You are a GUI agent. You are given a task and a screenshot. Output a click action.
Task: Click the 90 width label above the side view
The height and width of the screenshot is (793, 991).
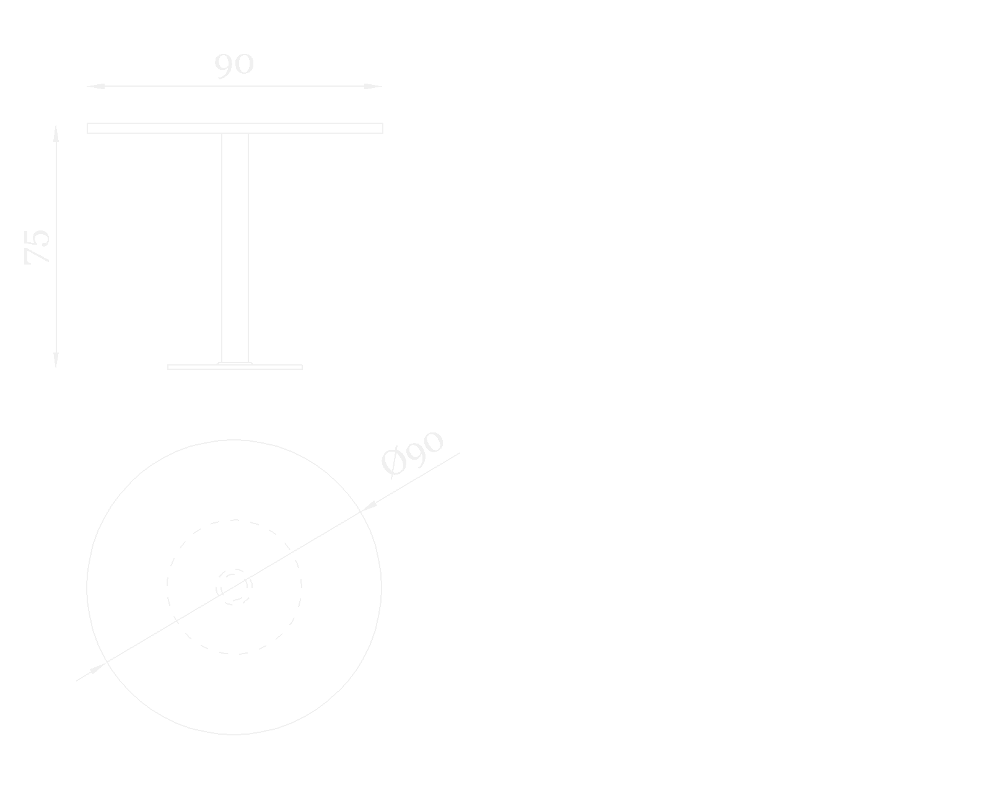pyautogui.click(x=234, y=64)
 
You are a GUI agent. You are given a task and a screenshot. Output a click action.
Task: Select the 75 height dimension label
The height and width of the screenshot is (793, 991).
pyautogui.click(x=37, y=247)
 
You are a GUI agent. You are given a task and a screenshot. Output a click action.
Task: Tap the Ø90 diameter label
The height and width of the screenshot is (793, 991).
pyautogui.click(x=413, y=453)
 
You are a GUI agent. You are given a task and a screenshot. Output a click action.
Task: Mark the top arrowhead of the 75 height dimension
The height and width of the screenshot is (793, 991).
pyautogui.click(x=56, y=133)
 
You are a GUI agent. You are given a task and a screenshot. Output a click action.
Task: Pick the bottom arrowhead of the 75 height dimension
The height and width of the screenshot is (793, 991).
pyautogui.click(x=56, y=360)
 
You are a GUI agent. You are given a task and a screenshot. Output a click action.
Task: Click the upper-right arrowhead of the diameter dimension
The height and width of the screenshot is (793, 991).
pyautogui.click(x=368, y=506)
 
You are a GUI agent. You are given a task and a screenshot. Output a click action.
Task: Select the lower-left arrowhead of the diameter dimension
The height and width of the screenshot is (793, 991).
pyautogui.click(x=97, y=668)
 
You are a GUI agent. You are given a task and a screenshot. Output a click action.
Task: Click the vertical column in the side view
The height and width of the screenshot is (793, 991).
pyautogui.click(x=235, y=248)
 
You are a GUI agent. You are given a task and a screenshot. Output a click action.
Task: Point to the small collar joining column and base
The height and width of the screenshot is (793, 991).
pyautogui.click(x=235, y=363)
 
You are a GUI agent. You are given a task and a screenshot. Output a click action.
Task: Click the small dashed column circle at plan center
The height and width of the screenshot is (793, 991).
pyautogui.click(x=234, y=586)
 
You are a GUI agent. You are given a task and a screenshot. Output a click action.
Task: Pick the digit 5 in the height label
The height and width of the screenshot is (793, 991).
pyautogui.click(x=37, y=237)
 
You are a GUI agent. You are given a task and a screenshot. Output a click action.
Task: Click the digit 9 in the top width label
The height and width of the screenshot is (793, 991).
pyautogui.click(x=224, y=65)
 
